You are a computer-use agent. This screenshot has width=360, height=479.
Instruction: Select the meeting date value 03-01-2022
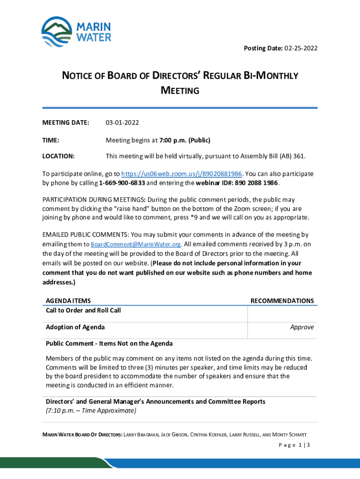tap(122, 123)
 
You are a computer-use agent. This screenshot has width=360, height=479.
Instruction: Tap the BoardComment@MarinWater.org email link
tap(136, 245)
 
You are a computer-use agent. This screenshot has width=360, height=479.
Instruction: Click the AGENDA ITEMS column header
tap(68, 301)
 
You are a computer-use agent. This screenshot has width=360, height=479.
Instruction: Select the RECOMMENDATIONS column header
tap(282, 301)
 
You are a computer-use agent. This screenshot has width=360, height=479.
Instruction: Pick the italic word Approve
tap(302, 327)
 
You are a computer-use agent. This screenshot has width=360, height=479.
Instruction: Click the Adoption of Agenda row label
tap(75, 327)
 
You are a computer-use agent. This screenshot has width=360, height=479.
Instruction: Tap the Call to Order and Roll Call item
tap(83, 310)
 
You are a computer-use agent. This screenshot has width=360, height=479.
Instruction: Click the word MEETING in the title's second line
tap(180, 90)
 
